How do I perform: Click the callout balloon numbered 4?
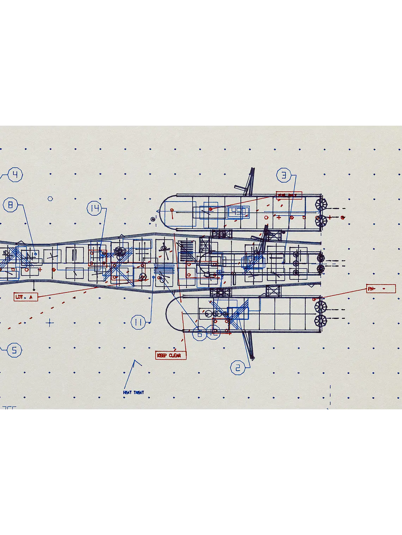tap(15, 175)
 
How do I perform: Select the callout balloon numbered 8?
tap(11, 205)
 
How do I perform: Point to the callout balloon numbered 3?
tap(284, 175)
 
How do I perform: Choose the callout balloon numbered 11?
tap(138, 322)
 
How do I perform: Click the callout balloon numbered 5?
tap(14, 350)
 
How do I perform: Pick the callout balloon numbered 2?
tap(238, 368)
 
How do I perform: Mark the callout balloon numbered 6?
tap(200, 334)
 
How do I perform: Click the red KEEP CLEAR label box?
tap(171, 355)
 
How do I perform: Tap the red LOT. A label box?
tap(25, 297)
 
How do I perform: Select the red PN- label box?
tap(381, 289)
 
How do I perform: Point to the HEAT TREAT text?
tap(133, 392)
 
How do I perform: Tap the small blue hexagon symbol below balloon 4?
tap(50, 199)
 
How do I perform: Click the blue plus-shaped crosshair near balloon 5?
tap(50, 322)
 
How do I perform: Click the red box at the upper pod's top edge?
tap(289, 195)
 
